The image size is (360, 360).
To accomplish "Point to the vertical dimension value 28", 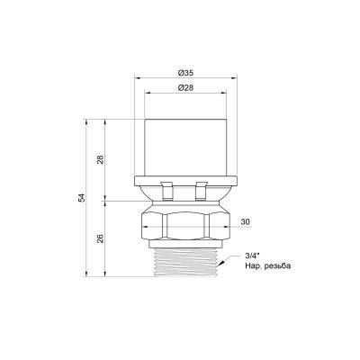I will click(101, 159).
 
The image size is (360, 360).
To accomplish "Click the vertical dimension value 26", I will click(101, 238).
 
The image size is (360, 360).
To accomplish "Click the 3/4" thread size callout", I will click(253, 256).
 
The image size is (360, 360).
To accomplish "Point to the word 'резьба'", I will click(280, 266).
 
